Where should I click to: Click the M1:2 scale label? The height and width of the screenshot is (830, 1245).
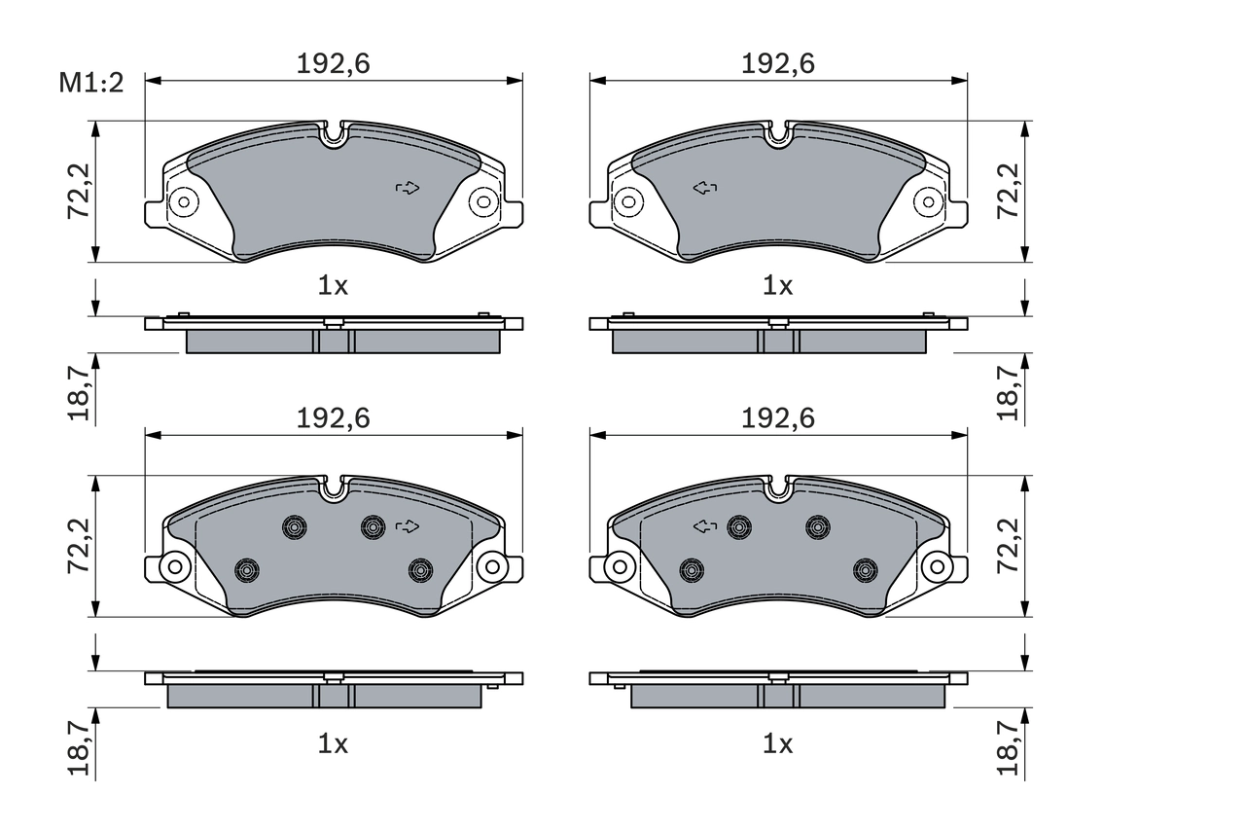click(x=92, y=84)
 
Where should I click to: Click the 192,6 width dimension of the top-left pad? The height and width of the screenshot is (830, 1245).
click(x=334, y=64)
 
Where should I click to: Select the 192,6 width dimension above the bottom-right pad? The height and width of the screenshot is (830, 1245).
click(x=778, y=418)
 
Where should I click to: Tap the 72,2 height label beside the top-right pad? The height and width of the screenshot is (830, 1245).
click(x=1009, y=191)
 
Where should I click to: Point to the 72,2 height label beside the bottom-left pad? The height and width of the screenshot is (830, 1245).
click(x=81, y=545)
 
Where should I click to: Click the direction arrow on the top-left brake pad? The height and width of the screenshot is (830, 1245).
click(x=409, y=187)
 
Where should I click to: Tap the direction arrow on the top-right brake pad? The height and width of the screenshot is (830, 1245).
click(x=704, y=187)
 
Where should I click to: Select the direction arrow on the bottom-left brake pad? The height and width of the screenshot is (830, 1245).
click(x=409, y=526)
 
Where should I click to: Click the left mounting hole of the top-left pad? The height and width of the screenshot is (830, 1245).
click(x=182, y=202)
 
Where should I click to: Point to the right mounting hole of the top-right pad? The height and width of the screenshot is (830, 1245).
click(x=929, y=202)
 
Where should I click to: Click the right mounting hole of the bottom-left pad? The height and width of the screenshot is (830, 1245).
click(x=491, y=565)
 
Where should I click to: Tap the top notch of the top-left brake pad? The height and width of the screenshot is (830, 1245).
click(x=334, y=134)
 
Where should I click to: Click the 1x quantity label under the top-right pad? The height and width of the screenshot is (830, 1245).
click(x=778, y=286)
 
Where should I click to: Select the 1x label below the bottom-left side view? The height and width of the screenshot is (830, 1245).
click(x=334, y=745)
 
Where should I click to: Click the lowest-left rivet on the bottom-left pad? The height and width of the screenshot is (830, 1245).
click(x=247, y=569)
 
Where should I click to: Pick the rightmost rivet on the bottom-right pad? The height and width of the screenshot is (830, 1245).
click(x=865, y=569)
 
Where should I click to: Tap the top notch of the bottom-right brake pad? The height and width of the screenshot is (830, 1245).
click(x=778, y=488)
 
